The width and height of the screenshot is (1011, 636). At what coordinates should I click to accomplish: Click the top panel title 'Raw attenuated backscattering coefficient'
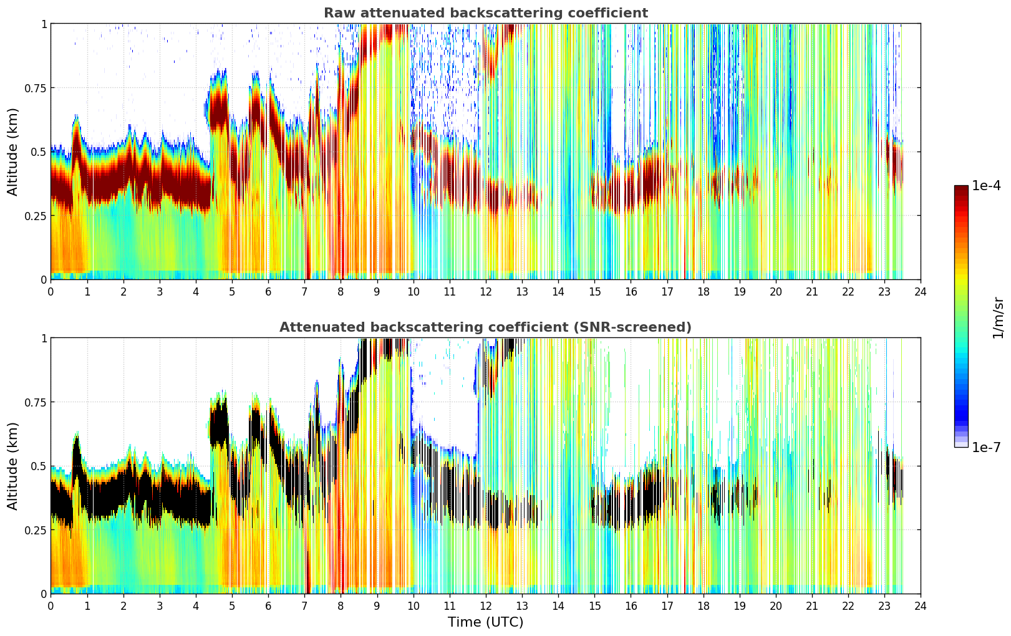click(485, 13)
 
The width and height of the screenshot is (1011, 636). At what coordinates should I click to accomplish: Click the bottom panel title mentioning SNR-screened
click(485, 327)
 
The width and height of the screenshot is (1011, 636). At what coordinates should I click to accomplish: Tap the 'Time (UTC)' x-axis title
click(485, 622)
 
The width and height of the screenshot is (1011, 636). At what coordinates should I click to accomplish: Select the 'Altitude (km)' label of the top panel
click(12, 152)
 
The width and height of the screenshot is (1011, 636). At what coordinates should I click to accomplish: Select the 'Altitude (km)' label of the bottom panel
click(12, 466)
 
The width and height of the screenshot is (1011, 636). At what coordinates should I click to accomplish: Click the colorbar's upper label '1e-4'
click(986, 186)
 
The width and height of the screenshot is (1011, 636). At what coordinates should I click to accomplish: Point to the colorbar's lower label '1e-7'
click(986, 447)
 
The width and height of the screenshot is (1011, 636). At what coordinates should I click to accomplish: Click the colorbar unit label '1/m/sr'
click(998, 317)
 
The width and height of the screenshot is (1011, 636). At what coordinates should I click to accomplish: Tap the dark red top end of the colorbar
click(960, 188)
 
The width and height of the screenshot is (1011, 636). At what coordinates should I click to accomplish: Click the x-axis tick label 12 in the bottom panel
click(485, 605)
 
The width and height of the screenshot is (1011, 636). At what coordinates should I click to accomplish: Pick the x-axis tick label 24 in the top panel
click(920, 291)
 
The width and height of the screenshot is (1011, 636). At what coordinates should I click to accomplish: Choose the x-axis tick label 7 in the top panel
click(304, 291)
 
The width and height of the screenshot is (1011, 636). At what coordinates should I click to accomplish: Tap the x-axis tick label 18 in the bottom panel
click(703, 605)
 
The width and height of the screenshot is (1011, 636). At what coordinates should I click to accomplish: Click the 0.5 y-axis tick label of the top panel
click(38, 152)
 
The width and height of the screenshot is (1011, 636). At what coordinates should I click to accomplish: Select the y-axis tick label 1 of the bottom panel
click(44, 338)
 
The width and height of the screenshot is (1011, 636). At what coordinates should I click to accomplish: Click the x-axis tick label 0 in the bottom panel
click(51, 605)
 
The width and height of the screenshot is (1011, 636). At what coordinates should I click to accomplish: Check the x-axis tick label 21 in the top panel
click(811, 291)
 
